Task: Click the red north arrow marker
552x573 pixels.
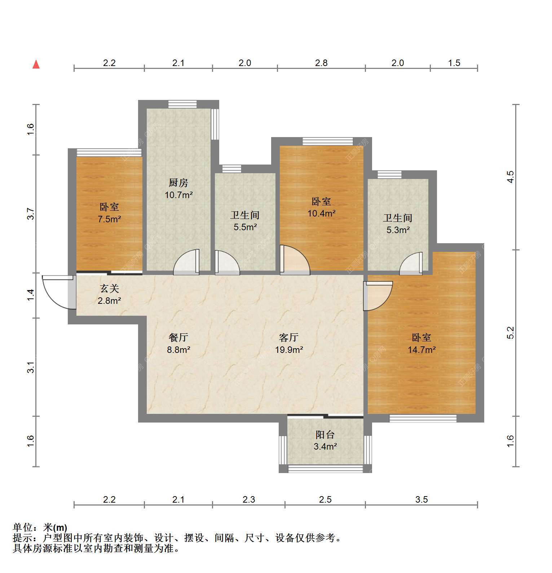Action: (x=36, y=64)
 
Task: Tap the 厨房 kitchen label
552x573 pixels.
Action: (x=178, y=183)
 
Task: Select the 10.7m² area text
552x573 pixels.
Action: (x=179, y=195)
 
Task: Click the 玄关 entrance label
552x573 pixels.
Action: (x=109, y=288)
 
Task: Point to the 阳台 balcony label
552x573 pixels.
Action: (x=325, y=434)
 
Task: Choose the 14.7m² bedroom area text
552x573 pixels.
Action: (x=422, y=350)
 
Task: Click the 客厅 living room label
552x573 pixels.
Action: (x=289, y=337)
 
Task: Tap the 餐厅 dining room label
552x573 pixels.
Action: (x=178, y=337)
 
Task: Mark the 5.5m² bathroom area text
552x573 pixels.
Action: (x=245, y=227)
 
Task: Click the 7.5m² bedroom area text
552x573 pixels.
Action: (x=109, y=219)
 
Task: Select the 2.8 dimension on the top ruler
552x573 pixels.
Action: (x=321, y=63)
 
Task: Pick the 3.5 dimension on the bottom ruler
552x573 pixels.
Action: (x=421, y=499)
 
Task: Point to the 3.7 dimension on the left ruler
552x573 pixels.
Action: (x=31, y=214)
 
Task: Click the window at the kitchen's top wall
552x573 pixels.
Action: (x=182, y=104)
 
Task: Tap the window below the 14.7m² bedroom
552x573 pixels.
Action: (x=423, y=418)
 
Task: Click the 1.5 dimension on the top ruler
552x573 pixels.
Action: (x=454, y=63)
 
